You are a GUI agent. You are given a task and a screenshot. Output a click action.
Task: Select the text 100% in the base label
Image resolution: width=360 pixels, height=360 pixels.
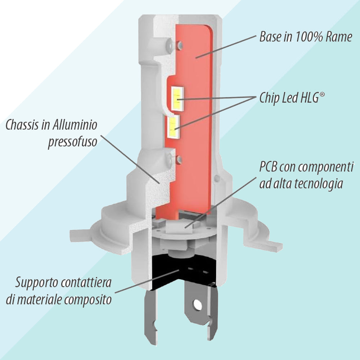tap(305, 37)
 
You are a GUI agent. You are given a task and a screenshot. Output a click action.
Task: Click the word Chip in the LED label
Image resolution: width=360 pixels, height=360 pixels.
tap(269, 98)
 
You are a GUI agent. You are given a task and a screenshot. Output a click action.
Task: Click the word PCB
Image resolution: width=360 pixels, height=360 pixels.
tap(269, 167)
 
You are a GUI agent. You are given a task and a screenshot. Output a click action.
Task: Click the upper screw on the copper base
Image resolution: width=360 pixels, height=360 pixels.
tap(180, 45)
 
